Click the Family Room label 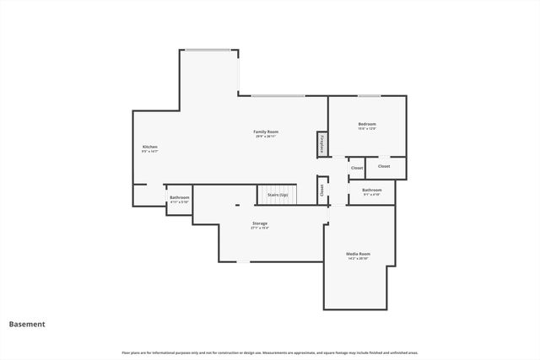[x=267, y=132]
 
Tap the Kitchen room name [x=149, y=147]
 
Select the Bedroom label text [x=367, y=124]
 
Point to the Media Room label [x=358, y=253]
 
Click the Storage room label [x=260, y=223]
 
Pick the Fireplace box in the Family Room [x=322, y=144]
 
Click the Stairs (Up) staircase [x=278, y=195]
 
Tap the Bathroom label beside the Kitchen [x=180, y=197]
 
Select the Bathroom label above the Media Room [x=372, y=190]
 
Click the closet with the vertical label [x=322, y=190]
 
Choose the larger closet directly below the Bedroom [x=385, y=167]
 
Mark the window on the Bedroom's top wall [x=369, y=95]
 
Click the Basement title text [x=27, y=324]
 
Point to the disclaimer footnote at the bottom [x=269, y=352]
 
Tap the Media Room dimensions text [x=358, y=258]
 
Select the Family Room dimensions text [x=267, y=137]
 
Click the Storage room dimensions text [x=260, y=228]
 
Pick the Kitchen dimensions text [x=149, y=152]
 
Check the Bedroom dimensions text [x=367, y=129]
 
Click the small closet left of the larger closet [x=356, y=168]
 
